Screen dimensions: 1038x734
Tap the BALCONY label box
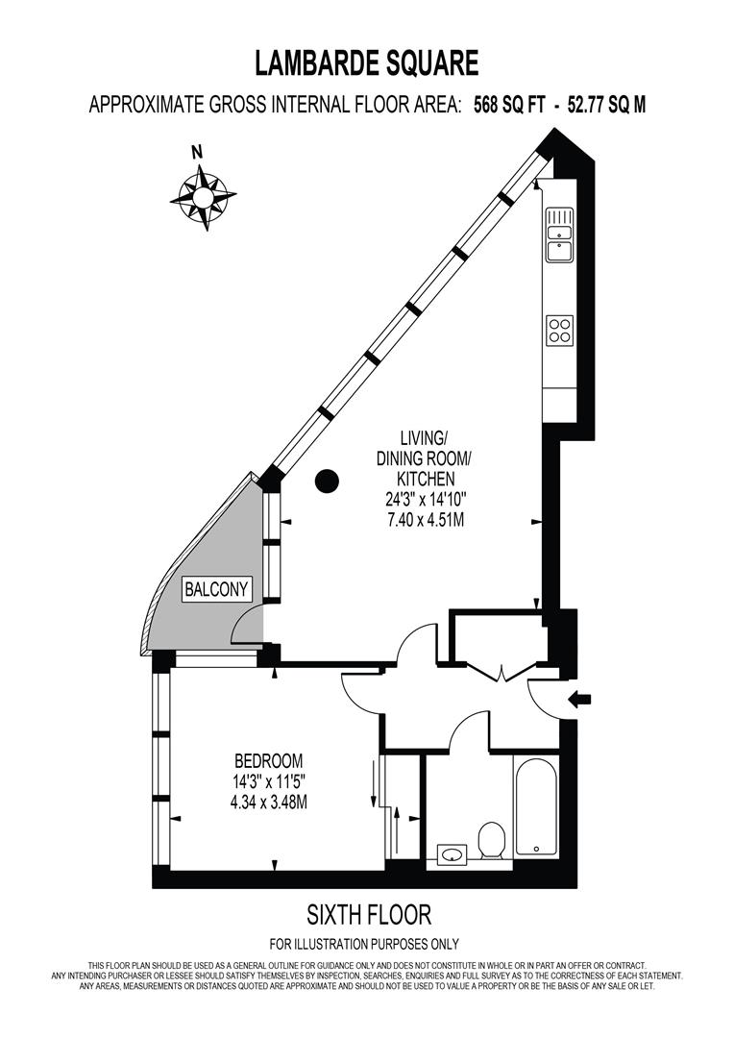(x=217, y=589)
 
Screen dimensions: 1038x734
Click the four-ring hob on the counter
(x=559, y=331)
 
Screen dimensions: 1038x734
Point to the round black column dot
(x=328, y=479)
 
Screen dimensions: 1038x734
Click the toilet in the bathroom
(x=492, y=841)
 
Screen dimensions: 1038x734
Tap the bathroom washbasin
(x=452, y=853)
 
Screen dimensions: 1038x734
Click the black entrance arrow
(x=581, y=700)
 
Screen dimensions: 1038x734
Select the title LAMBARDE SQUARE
(x=366, y=63)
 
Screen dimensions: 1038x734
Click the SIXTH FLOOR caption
(x=368, y=913)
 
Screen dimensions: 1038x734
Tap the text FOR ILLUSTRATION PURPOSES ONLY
(x=364, y=944)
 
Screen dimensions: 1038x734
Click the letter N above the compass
(x=197, y=151)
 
